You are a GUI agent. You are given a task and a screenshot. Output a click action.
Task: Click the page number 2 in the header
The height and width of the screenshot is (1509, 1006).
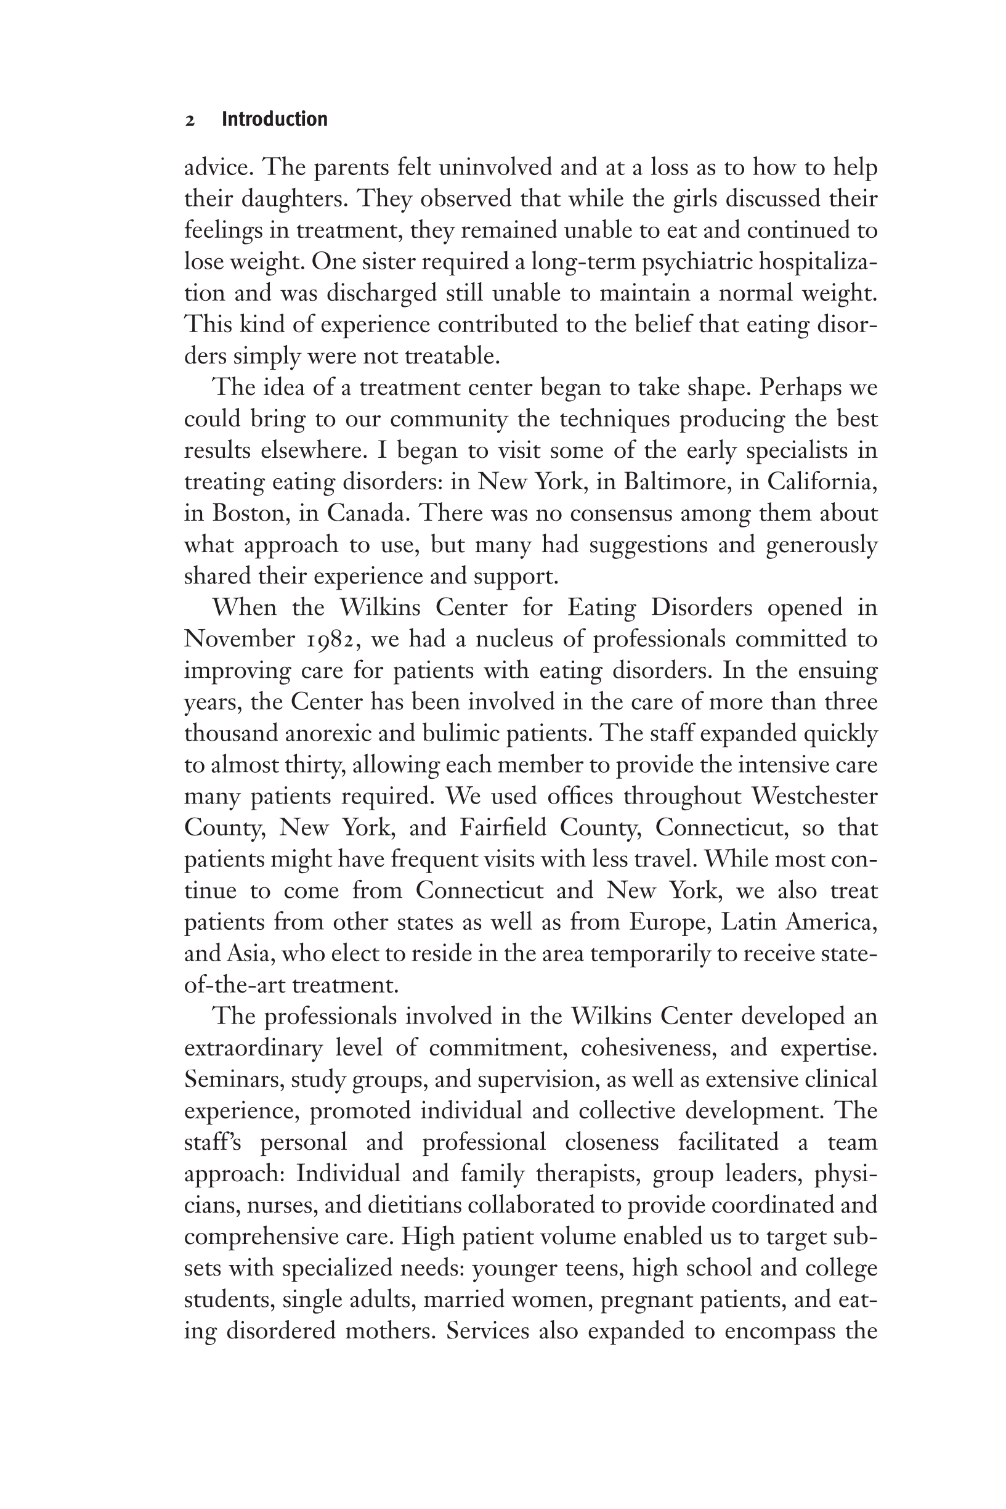point(190,121)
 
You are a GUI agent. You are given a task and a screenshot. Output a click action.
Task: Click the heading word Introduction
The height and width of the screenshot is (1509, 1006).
point(274,120)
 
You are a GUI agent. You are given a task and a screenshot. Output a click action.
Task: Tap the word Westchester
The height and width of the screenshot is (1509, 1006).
point(814,796)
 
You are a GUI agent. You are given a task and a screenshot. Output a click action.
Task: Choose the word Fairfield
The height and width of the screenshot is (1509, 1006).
point(505,828)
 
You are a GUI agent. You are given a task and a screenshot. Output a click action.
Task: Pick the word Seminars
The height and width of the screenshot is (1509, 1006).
point(233,1079)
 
